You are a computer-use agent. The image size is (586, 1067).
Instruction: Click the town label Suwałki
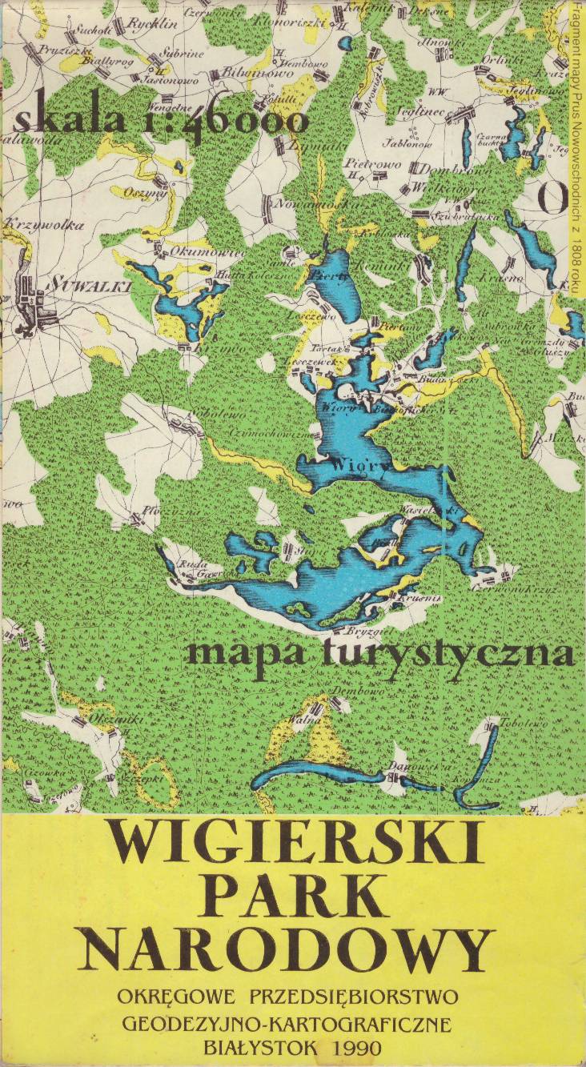point(78,283)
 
